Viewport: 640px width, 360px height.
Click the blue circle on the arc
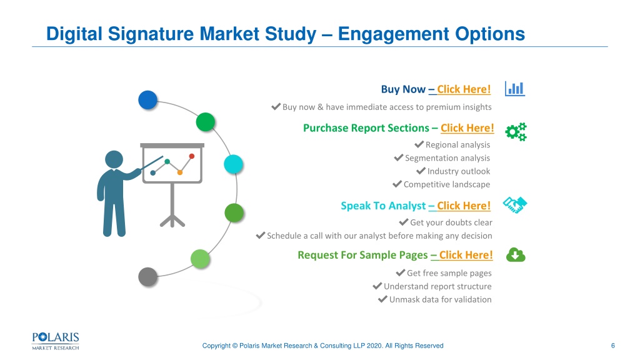(x=147, y=100)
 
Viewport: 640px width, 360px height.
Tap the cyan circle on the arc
(x=234, y=164)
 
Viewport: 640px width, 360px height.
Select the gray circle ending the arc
(x=147, y=277)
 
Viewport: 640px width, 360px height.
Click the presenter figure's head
(x=114, y=159)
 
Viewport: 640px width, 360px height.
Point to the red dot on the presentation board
(x=192, y=156)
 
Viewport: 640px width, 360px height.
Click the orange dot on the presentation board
(x=179, y=172)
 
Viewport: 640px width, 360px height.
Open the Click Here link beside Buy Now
(x=464, y=89)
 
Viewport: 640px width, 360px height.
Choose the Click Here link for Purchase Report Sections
(x=467, y=128)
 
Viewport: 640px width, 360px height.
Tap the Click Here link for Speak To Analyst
(x=464, y=206)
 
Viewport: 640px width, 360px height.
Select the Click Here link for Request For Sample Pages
(x=466, y=255)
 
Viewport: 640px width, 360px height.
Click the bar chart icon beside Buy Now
(x=515, y=89)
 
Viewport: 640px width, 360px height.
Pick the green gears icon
(x=516, y=132)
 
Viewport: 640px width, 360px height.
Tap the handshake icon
(x=515, y=205)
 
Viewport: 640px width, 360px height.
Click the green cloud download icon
(x=516, y=255)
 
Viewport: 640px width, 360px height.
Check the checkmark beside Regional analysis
(x=419, y=144)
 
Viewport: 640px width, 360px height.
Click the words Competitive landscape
(x=447, y=184)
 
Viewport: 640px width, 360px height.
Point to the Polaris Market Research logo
(x=56, y=341)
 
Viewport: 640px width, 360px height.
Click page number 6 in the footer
(x=612, y=346)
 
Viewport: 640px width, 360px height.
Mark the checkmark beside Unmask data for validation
(x=382, y=299)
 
